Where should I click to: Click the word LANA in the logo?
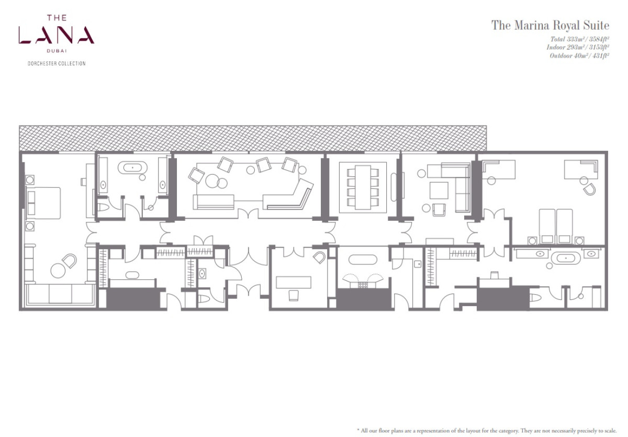point(57,35)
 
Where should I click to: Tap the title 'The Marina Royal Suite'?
point(550,25)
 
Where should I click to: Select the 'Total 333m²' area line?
point(580,39)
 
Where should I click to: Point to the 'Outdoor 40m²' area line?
point(579,55)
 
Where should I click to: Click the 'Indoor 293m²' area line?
point(578,47)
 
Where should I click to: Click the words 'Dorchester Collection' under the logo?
point(57,64)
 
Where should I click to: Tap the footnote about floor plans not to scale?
point(487,430)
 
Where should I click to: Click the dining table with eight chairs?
point(363,187)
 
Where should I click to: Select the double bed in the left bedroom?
point(43,203)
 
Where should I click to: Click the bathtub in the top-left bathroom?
point(132,168)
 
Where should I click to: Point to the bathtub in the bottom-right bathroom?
point(566,258)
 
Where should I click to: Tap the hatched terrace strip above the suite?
point(253,138)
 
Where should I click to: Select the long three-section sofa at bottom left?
point(60,295)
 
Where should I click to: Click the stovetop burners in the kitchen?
point(363,285)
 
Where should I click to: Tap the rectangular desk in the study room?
point(293,282)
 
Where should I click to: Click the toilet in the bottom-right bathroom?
point(535,297)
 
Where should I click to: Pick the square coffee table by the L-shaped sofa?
point(439,191)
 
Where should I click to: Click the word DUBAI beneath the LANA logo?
point(57,51)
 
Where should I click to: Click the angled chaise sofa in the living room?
point(288,195)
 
